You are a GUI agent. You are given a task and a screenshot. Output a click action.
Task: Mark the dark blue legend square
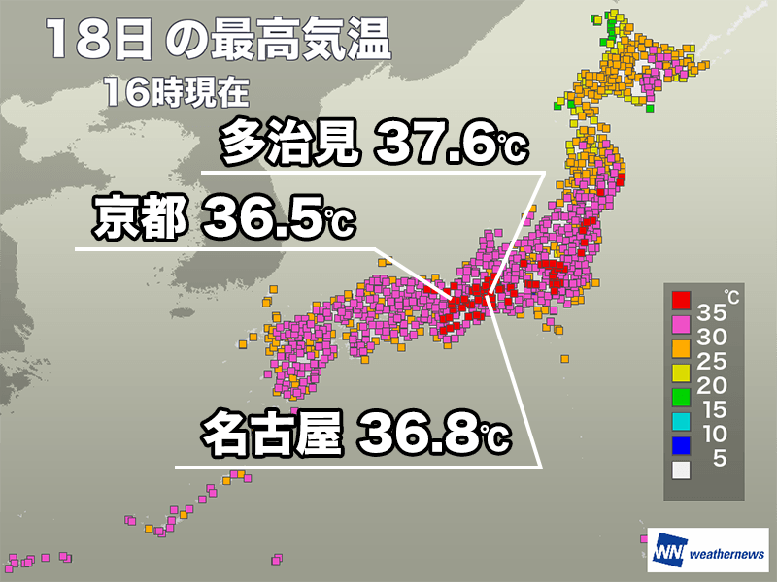click(681, 444)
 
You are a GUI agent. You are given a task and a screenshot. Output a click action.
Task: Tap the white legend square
click(681, 469)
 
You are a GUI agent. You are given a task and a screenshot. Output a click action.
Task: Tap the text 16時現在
click(175, 94)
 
